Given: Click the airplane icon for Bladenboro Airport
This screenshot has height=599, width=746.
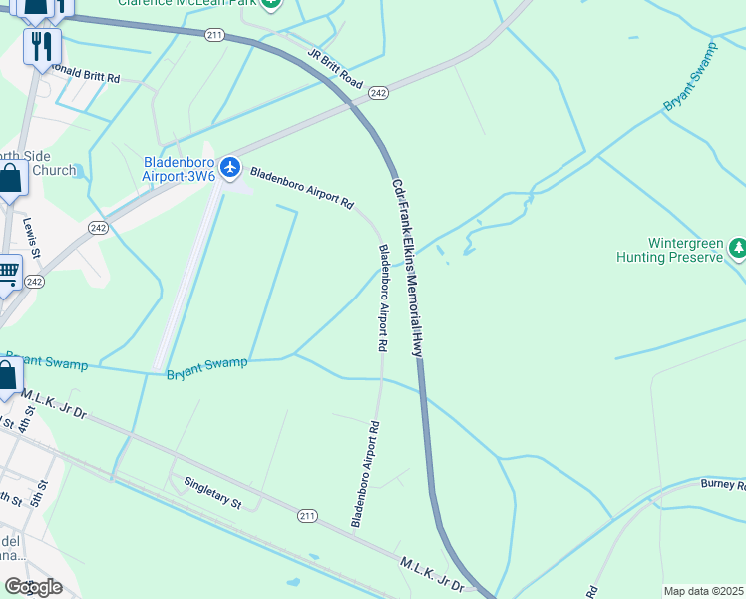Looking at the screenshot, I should pos(231,166).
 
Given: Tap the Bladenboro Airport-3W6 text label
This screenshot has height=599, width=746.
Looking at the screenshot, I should pos(180,169).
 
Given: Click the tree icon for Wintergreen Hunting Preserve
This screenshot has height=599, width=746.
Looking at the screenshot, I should pos(738,246).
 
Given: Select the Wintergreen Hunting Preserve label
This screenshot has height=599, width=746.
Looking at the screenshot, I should pos(684,250).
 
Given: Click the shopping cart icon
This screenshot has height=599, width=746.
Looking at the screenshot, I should pos(7,271).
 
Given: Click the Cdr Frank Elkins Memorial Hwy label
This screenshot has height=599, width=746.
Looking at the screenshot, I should pos(408,268).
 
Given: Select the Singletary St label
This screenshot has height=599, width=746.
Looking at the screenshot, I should pos(212,493).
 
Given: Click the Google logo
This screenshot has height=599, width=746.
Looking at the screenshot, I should pos(33,586).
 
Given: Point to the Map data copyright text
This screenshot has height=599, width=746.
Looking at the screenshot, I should pos(704,591).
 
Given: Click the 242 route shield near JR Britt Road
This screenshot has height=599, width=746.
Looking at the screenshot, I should pos(377,93).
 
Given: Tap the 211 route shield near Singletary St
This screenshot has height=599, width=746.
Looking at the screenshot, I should pos(308,515).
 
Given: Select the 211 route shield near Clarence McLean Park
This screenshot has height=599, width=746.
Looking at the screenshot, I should pos(214,35).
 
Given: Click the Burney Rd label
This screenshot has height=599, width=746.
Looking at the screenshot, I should pos(723,485).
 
